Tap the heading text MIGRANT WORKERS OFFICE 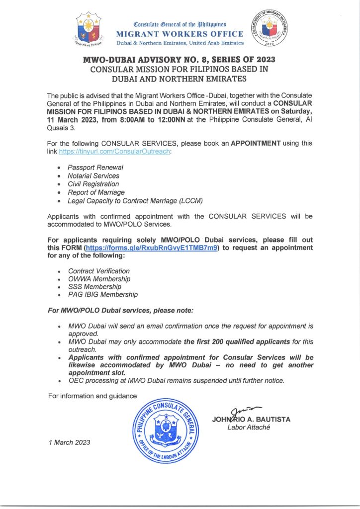point(180,34)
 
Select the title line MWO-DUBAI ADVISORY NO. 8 point(179,60)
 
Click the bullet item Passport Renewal point(95,168)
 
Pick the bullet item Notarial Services point(93,176)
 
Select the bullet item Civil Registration point(93,184)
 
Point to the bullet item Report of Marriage point(96,192)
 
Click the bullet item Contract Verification point(98,271)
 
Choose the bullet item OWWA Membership point(99,279)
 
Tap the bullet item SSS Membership point(94,287)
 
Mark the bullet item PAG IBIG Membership point(102,295)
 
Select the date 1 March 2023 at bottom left point(69,443)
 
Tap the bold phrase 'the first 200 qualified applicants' point(237,342)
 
